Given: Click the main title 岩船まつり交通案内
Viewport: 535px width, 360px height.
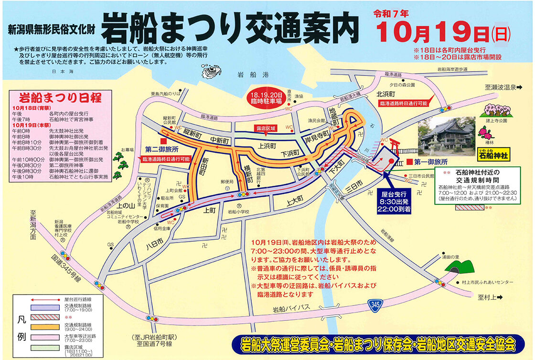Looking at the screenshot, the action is click(230, 27).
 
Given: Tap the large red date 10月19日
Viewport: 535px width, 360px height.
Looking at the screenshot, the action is click(436, 32).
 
